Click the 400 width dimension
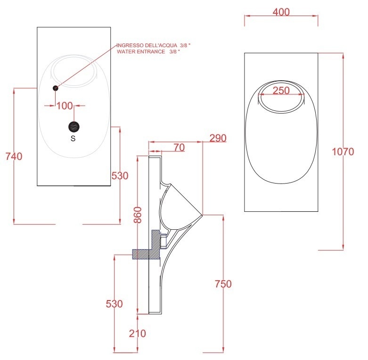coord(281,13)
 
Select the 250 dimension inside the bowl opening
coord(281,91)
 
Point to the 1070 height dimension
coord(343,151)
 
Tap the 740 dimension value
coord(14,157)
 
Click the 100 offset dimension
coord(65,105)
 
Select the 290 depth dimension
coord(218,138)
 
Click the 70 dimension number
coord(179,148)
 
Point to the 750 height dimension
coord(223,284)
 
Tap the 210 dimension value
coord(138,334)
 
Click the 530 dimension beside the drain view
coord(120,176)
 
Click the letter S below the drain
coord(73,139)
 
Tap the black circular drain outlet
coord(74,126)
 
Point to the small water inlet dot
coord(56,88)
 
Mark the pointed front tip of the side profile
coord(203,215)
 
